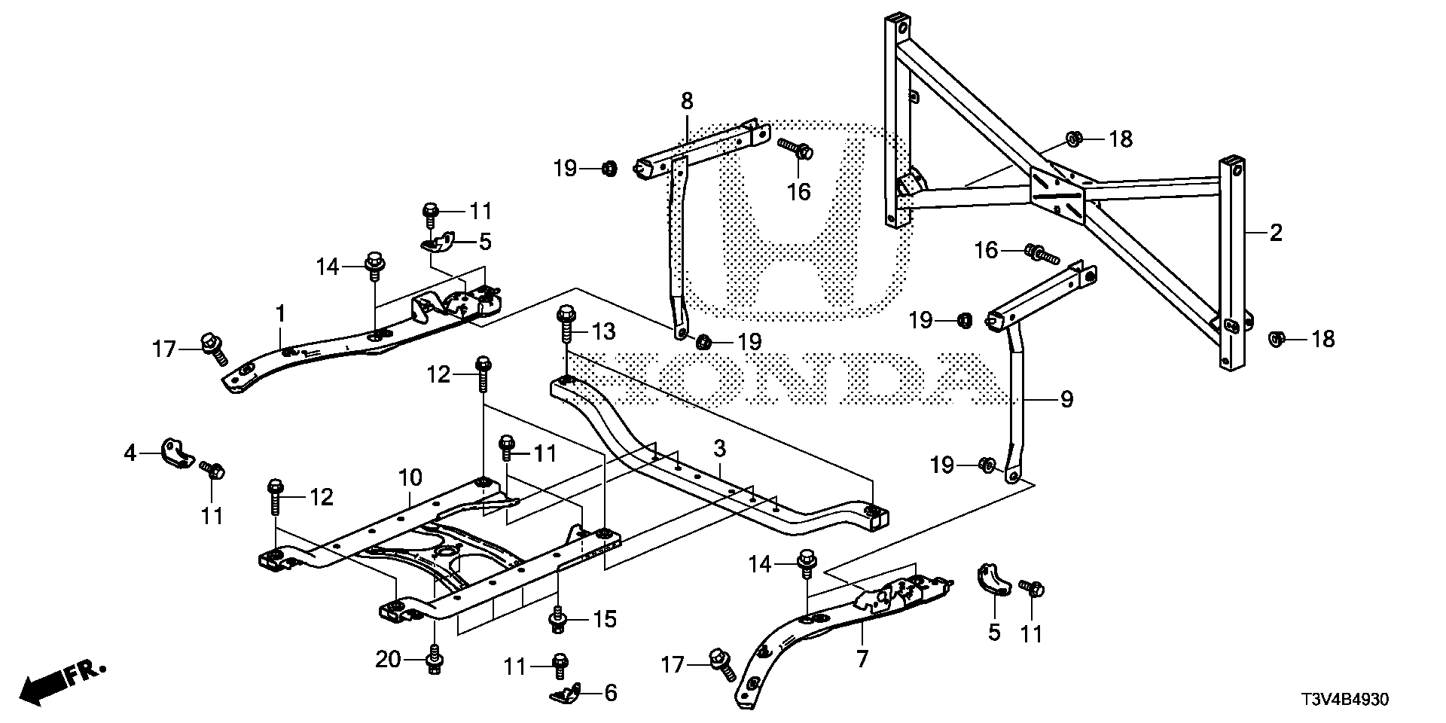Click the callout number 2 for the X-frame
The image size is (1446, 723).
[1275, 233]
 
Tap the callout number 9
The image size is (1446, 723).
[1066, 399]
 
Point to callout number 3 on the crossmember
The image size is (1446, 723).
[719, 450]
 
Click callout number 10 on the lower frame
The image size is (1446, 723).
[410, 477]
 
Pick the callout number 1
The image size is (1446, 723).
[280, 313]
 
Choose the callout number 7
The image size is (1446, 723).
[862, 660]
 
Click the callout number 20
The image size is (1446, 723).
[389, 660]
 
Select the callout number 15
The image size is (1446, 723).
[604, 620]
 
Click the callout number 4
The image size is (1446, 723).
[130, 453]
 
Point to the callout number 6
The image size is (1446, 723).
[610, 693]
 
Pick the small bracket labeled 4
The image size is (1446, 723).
[176, 450]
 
